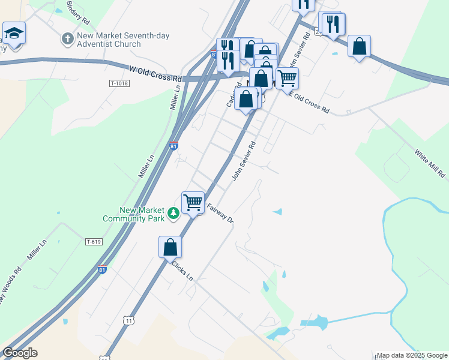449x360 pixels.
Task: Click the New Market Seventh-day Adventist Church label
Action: tap(123, 40)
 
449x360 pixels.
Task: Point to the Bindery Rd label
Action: tap(79, 12)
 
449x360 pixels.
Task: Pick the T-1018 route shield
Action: tap(119, 83)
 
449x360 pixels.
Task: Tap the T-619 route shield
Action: tap(94, 242)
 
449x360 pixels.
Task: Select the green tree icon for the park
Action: tap(173, 213)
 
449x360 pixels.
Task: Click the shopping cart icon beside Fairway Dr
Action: tap(193, 202)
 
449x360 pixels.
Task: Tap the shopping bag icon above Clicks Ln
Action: tap(170, 246)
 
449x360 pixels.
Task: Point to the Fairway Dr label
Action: tap(220, 213)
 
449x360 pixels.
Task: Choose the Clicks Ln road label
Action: tap(182, 271)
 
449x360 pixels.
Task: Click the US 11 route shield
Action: tap(130, 321)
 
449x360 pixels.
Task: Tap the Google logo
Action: tap(20, 353)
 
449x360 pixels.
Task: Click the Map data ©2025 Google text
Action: tap(411, 355)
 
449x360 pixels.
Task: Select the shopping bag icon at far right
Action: tap(359, 46)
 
